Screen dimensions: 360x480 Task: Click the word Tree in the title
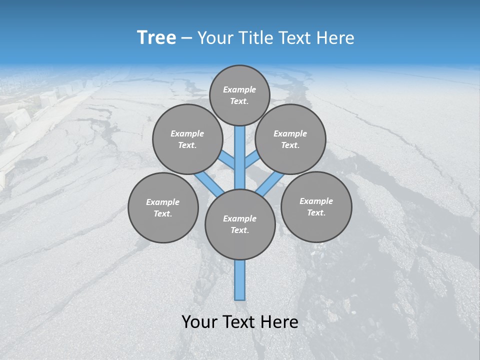coord(156,38)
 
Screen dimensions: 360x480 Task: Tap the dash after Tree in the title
coord(186,38)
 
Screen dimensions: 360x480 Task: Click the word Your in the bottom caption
coord(199,322)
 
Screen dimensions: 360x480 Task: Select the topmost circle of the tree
coord(239,95)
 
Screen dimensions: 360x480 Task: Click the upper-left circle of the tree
coord(187,139)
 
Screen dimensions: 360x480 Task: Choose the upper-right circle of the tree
coord(290,139)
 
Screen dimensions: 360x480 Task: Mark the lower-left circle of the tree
coord(163,207)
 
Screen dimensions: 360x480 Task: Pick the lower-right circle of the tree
coord(316,206)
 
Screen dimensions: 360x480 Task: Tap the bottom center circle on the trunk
coord(240,224)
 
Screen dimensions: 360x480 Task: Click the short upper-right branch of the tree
coord(251,160)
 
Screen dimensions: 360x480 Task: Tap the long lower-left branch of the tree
coord(209,183)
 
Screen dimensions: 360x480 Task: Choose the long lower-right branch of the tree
coord(270,183)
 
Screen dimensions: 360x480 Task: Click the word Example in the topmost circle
coord(239,89)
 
